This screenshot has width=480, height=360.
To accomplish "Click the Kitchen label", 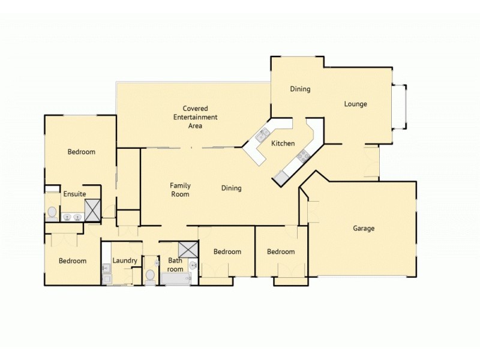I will [x=283, y=143].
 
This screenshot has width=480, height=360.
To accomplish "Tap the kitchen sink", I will [x=263, y=135].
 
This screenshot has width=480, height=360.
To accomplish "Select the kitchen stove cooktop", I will [x=303, y=157].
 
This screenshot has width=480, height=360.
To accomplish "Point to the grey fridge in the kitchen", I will [x=281, y=177].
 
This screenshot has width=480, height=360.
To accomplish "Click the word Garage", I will [x=364, y=228].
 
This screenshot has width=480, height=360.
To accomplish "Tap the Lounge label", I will [x=355, y=104].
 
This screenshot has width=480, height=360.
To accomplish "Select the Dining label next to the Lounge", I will [x=300, y=89].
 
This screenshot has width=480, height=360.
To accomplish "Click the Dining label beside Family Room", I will [x=231, y=188].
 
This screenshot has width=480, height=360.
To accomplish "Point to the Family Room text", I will [x=180, y=190].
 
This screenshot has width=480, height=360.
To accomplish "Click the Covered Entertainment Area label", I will [x=195, y=117].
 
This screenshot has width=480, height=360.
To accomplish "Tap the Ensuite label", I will [x=74, y=194].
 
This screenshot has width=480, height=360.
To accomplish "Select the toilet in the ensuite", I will [x=52, y=212].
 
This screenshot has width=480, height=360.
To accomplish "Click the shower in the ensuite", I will [x=92, y=210].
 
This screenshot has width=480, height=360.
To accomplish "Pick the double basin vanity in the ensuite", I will [x=72, y=217].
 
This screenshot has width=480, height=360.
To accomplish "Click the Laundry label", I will [x=125, y=260].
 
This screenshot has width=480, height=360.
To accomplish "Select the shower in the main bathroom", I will [x=187, y=249].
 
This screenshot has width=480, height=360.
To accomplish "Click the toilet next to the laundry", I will [x=150, y=275].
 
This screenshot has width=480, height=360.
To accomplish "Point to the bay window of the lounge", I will [x=400, y=107].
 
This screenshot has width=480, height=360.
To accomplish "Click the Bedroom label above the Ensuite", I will [x=81, y=152].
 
